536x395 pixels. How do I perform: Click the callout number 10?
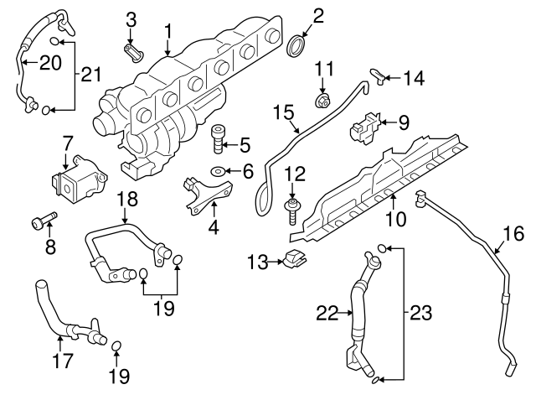(x=396, y=220)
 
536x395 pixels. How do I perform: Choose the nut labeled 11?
(x=322, y=101)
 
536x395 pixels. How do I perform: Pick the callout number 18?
(x=126, y=199)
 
